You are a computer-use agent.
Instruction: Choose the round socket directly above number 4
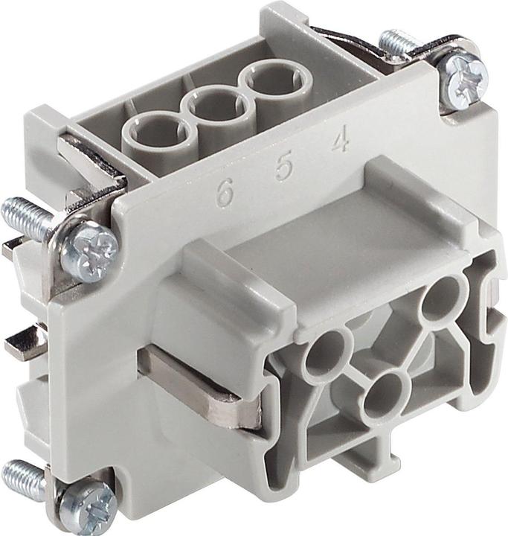pos(269,83)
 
